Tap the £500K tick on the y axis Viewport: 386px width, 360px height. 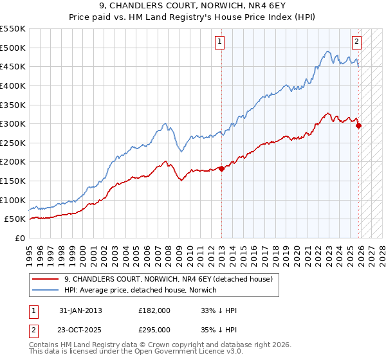[13, 48]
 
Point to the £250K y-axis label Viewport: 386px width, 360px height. [13, 143]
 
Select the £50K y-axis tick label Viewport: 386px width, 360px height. [15, 219]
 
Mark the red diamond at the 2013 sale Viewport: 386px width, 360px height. [221, 168]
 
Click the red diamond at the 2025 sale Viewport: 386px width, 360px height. [358, 125]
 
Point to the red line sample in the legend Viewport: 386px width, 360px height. [45, 279]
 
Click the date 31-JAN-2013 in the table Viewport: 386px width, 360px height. [80, 310]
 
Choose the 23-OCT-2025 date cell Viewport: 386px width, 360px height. [80, 329]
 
